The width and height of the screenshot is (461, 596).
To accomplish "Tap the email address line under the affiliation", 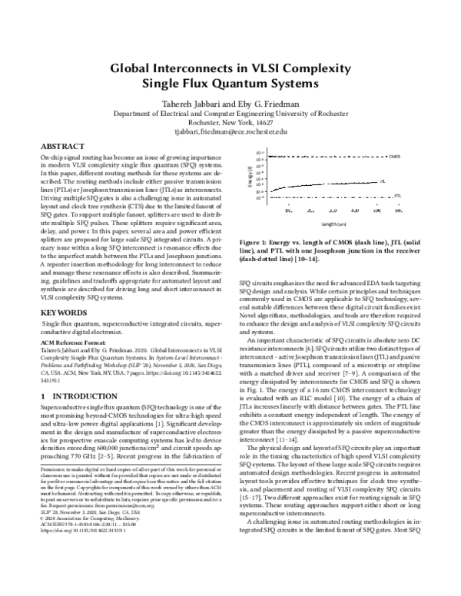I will click(x=230, y=131).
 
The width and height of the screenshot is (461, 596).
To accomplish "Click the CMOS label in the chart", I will click(x=394, y=156).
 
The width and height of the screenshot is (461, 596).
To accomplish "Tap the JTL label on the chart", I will click(x=383, y=181).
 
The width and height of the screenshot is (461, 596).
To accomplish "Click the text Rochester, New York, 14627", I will click(x=230, y=121).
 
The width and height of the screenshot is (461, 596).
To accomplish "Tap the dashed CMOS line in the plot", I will click(x=323, y=156).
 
